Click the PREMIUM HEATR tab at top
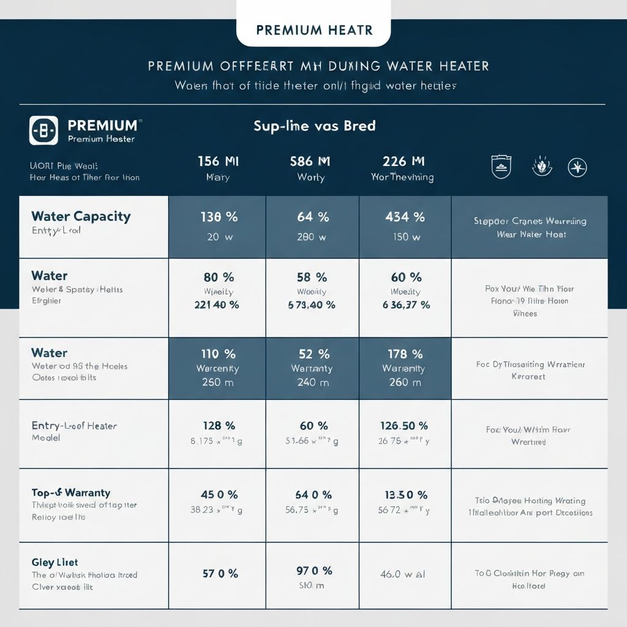[313, 30]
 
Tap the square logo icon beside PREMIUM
[43, 130]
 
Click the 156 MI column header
[218, 161]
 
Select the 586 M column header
[310, 161]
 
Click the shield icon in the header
[501, 166]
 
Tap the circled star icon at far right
[577, 167]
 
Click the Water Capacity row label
[81, 216]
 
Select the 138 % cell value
[218, 217]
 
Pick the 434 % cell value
[405, 217]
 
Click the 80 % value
[218, 277]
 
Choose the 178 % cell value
[405, 354]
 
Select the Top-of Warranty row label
[71, 492]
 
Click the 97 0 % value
[313, 571]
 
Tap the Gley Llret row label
[54, 562]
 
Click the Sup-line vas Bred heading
[314, 126]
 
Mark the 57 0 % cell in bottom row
[219, 574]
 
